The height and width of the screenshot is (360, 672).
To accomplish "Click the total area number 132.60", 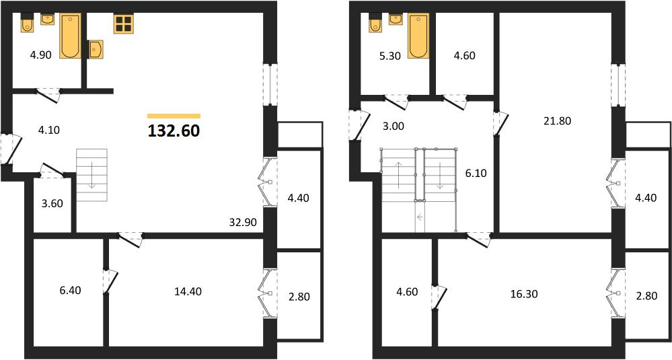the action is pyautogui.click(x=174, y=131).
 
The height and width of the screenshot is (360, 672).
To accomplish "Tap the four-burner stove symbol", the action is pyautogui.click(x=122, y=24).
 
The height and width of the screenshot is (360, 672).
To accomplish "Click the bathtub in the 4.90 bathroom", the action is pyautogui.click(x=70, y=36).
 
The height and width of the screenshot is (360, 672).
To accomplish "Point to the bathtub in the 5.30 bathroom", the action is pyautogui.click(x=418, y=36).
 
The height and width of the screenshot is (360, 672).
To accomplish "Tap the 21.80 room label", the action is pyautogui.click(x=557, y=121).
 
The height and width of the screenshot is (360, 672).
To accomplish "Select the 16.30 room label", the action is pyautogui.click(x=524, y=295).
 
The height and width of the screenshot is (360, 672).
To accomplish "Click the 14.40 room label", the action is pyautogui.click(x=188, y=291).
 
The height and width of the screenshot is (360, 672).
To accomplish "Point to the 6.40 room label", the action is pyautogui.click(x=71, y=291).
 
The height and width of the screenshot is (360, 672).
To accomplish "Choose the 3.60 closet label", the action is pyautogui.click(x=52, y=204).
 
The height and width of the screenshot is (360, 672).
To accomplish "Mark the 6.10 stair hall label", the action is pyautogui.click(x=476, y=174).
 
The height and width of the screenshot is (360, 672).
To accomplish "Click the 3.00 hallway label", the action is pyautogui.click(x=394, y=127).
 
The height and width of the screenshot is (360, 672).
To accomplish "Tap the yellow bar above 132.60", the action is pyautogui.click(x=174, y=116).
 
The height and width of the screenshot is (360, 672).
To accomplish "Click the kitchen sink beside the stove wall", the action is pyautogui.click(x=96, y=49).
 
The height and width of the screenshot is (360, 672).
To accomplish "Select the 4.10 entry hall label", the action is pyautogui.click(x=49, y=130).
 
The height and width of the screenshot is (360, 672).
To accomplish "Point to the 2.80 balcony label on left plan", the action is pyautogui.click(x=299, y=297).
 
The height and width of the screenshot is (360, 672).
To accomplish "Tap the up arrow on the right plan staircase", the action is pyautogui.click(x=399, y=175).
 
